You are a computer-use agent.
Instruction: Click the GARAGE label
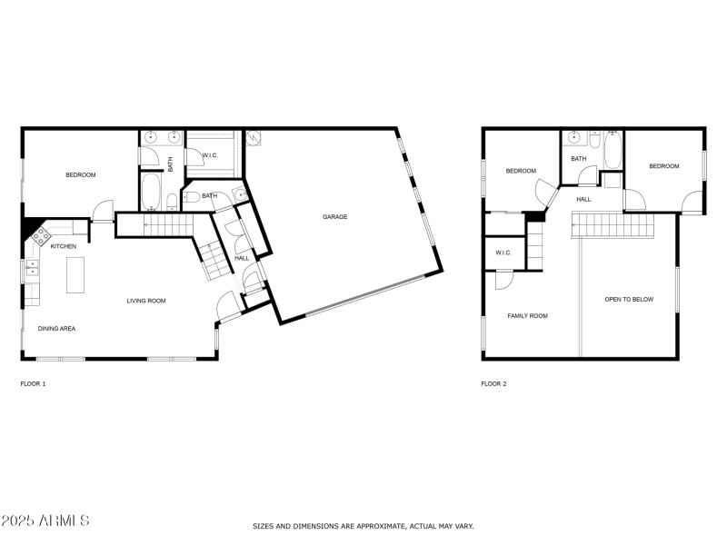[334, 216]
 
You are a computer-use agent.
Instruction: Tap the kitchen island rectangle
[75, 275]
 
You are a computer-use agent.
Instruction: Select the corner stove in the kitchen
[40, 237]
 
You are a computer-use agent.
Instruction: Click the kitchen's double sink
[32, 267]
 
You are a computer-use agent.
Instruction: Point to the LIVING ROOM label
[145, 301]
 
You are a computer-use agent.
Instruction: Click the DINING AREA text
[56, 328]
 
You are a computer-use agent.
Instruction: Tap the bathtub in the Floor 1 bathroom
[151, 192]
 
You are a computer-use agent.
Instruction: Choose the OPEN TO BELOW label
[629, 299]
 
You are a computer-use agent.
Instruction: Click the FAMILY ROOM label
[527, 315]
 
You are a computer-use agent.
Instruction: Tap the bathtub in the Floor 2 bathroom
[612, 150]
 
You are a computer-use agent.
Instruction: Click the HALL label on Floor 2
[583, 199]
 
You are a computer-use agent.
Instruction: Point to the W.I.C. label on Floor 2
[503, 253]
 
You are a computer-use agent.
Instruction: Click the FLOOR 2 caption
[493, 383]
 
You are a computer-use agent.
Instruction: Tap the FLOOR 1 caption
[33, 383]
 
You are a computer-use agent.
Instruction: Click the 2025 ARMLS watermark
[45, 520]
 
